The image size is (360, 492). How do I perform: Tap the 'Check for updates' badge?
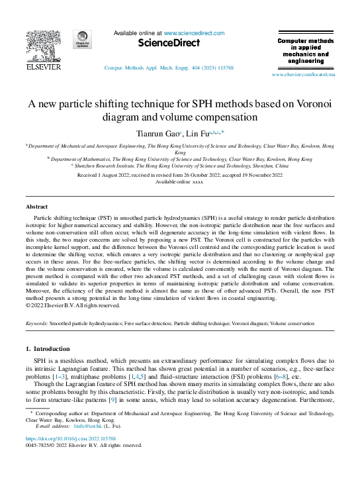tap(83, 39)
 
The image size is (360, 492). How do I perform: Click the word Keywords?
tap(38, 324)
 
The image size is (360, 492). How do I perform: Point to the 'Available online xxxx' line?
tap(179, 181)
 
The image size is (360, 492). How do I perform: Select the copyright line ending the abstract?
tap(74, 305)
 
